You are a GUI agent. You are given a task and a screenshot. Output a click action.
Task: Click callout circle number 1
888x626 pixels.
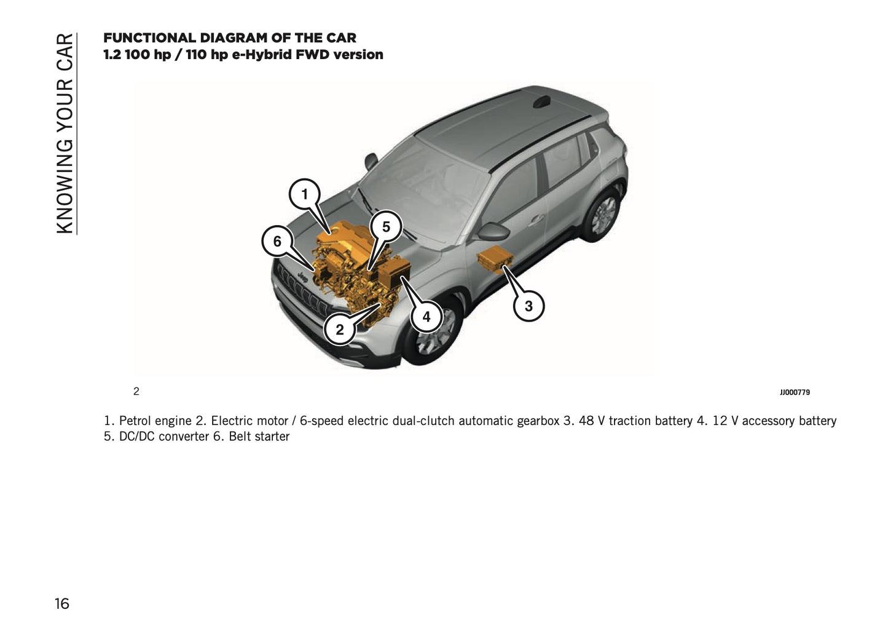[304, 195]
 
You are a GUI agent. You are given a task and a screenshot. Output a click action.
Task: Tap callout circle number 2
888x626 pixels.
[339, 330]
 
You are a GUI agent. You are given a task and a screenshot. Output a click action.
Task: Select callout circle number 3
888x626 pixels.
[528, 306]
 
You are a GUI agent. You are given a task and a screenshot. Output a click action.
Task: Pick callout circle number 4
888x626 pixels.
[426, 317]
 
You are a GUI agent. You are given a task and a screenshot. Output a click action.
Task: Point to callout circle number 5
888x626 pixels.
[386, 227]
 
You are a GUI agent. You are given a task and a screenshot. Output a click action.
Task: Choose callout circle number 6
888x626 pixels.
[277, 242]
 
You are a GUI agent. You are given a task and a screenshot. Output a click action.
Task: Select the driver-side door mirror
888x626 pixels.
[493, 232]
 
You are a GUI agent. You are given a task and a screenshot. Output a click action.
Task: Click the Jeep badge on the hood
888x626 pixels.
[302, 277]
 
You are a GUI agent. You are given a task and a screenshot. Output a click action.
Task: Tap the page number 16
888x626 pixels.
[62, 603]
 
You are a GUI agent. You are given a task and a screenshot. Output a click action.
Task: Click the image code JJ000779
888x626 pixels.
[795, 392]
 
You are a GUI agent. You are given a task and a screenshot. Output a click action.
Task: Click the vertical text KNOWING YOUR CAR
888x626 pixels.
[65, 133]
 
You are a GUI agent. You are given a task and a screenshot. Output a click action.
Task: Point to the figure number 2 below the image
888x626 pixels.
[136, 392]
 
